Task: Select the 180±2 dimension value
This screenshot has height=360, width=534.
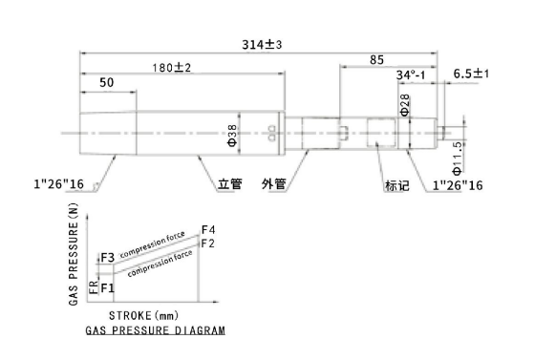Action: pos(173,67)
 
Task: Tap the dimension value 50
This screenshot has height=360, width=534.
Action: pos(106,84)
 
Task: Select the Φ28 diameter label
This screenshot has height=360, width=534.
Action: pos(404,105)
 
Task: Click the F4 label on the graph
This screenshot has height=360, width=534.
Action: pos(208,229)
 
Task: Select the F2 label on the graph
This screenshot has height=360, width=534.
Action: pos(208,244)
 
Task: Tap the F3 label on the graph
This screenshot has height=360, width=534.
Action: pos(107,258)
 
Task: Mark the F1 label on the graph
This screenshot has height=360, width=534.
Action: pos(108,287)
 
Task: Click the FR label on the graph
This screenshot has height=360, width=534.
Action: pos(93,286)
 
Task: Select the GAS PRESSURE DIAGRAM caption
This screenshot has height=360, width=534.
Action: pos(156,330)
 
